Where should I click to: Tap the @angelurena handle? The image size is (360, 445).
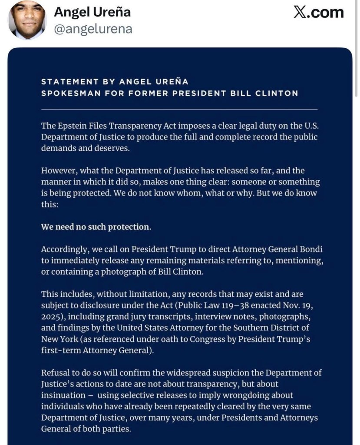(x=93, y=29)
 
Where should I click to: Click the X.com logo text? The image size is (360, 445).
(x=318, y=12)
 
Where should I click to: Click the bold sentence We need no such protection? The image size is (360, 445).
(x=96, y=227)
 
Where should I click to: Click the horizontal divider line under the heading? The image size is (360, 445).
(x=179, y=109)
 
